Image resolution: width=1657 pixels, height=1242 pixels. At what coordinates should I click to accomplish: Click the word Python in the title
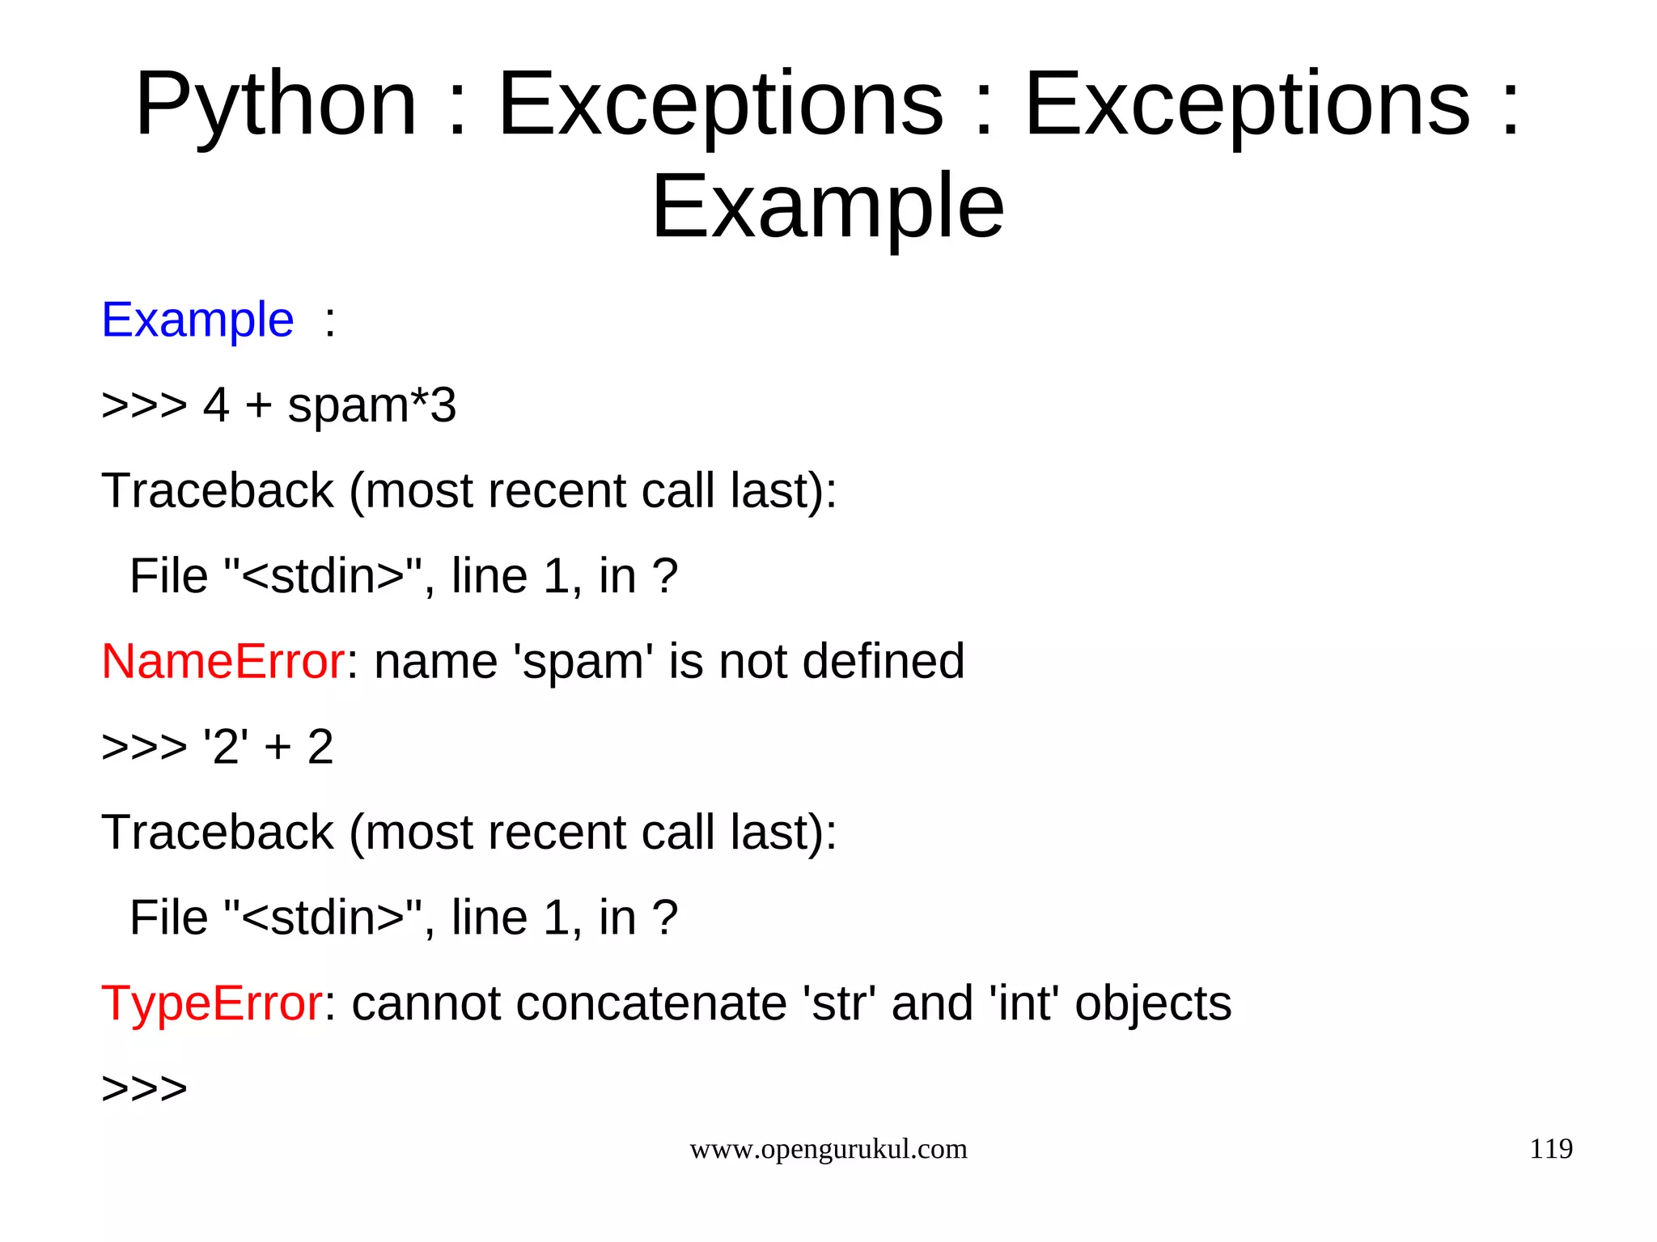point(275,105)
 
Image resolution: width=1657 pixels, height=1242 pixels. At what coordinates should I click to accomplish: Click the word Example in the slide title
point(827,207)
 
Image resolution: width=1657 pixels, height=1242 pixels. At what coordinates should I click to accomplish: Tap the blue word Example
point(197,320)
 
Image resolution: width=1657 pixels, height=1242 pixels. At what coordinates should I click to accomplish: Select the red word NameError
point(223,661)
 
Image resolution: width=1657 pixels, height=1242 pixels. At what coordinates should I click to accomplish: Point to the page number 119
point(1550,1148)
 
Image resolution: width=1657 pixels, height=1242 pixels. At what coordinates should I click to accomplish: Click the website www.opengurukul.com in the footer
point(828,1149)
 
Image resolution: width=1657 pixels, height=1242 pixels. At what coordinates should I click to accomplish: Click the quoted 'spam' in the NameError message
point(583,663)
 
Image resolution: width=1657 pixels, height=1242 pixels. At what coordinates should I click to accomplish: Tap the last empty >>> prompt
point(144,1088)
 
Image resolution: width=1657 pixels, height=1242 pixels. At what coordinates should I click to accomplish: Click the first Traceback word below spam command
point(217,490)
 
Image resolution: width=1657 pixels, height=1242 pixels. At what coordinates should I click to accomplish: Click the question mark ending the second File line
point(664,918)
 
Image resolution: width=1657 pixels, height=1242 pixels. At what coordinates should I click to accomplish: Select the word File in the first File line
point(168,576)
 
